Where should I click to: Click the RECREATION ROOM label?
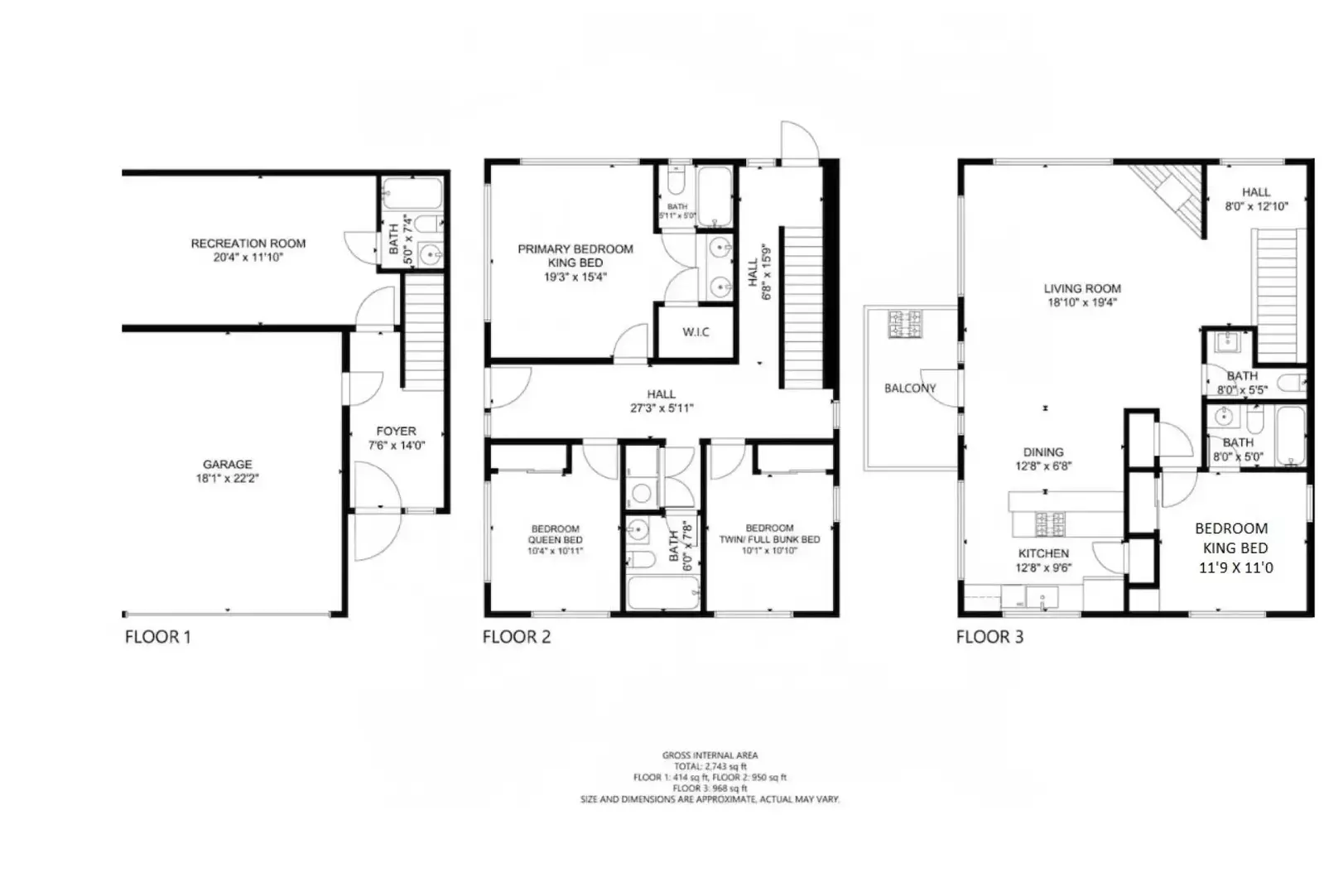tap(248, 244)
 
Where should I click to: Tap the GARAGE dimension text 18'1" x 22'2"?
tap(227, 479)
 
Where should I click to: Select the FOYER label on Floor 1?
tap(396, 431)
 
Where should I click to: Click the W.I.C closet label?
tap(696, 332)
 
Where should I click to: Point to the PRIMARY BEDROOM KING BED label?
tap(575, 255)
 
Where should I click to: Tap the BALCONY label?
tap(909, 388)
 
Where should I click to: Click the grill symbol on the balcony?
tap(905, 324)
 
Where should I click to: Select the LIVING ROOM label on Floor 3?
tap(1081, 288)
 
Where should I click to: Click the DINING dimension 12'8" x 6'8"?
tap(1042, 466)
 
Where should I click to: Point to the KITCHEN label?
tap(1043, 553)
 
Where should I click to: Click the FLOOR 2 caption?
tap(516, 637)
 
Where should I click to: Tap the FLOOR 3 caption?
tap(989, 637)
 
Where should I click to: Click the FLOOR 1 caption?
tap(157, 637)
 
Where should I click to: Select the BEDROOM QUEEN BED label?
tap(555, 534)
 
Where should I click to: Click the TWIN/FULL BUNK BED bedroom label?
tap(769, 533)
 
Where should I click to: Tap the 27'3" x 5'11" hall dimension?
tap(661, 408)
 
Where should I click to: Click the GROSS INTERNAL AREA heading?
tap(710, 755)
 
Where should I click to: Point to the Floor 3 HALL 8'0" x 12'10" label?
tap(1255, 199)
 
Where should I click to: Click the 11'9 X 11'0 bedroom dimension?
tap(1235, 568)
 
